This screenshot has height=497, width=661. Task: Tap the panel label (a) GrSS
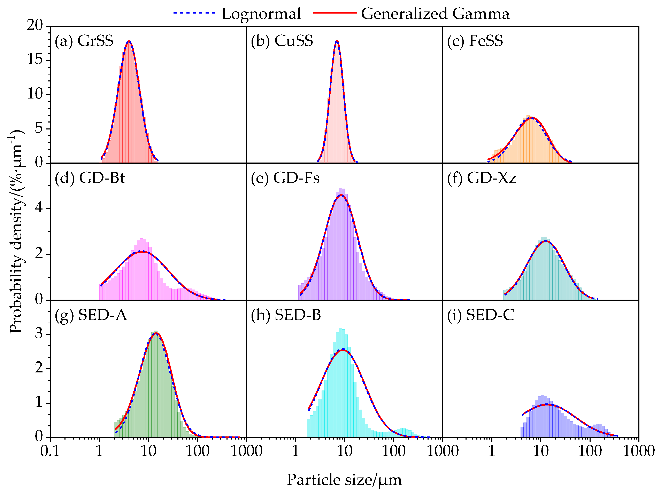(x=84, y=41)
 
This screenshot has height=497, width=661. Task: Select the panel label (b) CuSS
(x=282, y=41)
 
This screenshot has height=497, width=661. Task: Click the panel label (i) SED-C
(x=481, y=315)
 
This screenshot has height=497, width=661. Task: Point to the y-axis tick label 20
(x=35, y=25)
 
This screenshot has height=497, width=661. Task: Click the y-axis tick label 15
(x=35, y=60)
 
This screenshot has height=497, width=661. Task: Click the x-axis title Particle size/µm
(x=344, y=480)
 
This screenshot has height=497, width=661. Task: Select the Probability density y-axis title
(x=16, y=231)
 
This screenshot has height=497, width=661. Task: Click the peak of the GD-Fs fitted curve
(x=341, y=195)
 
